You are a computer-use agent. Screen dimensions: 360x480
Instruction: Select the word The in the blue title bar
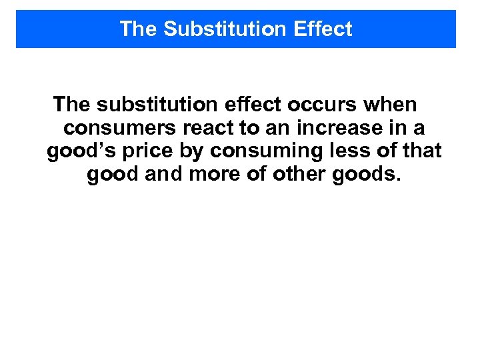(x=139, y=29)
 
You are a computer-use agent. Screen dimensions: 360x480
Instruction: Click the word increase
(x=342, y=128)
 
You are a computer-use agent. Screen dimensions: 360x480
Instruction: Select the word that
(x=419, y=151)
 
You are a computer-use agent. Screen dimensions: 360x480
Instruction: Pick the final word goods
(x=360, y=175)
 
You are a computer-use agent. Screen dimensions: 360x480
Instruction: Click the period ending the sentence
(x=399, y=179)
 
